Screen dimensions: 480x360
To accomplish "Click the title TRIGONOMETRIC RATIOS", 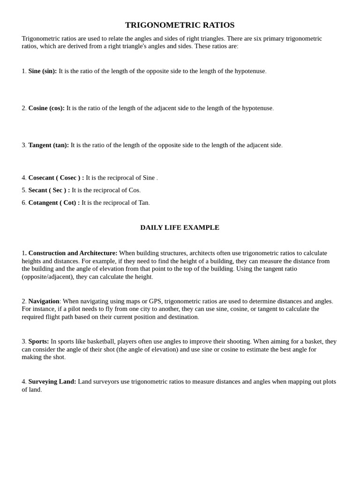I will point(180,25).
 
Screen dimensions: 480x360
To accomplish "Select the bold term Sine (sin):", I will point(43,71).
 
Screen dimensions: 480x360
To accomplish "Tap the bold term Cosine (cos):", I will point(46,108).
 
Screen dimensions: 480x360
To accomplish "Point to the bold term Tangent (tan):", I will point(48,145).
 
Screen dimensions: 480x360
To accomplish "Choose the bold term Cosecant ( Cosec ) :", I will point(56,178).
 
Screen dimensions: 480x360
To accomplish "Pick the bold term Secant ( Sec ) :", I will point(49,190).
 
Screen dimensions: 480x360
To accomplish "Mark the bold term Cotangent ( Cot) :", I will point(54,203).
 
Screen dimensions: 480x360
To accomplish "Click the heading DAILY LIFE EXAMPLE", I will point(180,227).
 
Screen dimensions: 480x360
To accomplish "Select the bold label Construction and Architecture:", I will point(73,253).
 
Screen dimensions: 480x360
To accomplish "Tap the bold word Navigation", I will point(44,301).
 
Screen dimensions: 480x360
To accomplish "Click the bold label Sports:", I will point(38,342).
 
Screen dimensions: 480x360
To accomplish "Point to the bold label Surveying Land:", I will point(52,382).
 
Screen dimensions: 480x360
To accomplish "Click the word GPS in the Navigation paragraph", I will point(155,301).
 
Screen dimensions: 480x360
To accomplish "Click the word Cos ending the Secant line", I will point(134,190).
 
